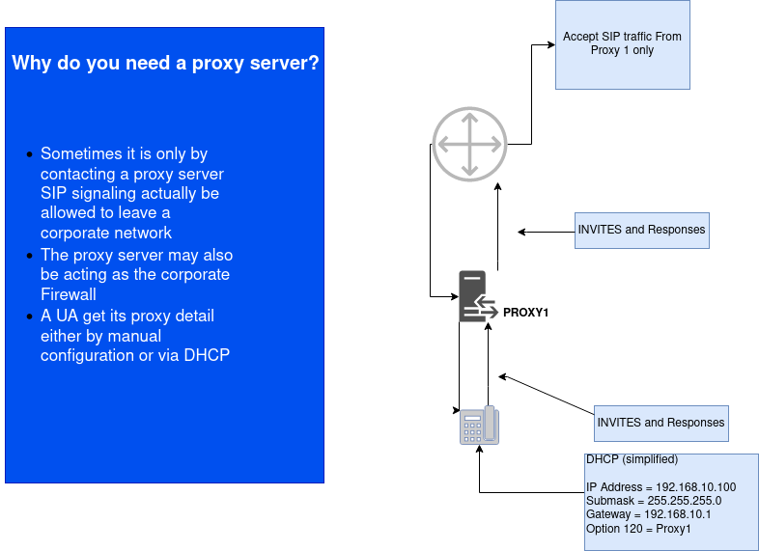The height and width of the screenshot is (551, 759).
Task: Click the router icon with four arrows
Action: coord(468,145)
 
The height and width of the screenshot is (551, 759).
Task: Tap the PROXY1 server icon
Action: coord(473,296)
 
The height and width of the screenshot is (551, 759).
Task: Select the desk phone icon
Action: coord(479,425)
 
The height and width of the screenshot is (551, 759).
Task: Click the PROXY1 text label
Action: coord(526,313)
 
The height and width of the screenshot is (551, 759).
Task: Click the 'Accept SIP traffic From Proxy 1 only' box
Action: coord(622,44)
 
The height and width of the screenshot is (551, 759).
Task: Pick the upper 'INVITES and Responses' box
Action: coord(641,231)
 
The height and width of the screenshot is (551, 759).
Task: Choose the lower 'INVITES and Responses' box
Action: coord(661,423)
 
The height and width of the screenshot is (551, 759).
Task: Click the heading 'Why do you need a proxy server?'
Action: coord(165,64)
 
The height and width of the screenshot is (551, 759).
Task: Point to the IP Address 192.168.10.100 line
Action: coord(661,487)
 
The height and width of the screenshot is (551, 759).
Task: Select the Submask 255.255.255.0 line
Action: coord(653,501)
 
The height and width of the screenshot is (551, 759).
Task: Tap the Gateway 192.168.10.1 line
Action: coord(648,514)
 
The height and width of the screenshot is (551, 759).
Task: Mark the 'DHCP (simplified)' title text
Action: coord(632,459)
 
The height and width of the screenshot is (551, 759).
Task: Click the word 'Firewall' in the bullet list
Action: coord(68,294)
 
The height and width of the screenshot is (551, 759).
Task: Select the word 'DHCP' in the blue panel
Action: coord(209,355)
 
